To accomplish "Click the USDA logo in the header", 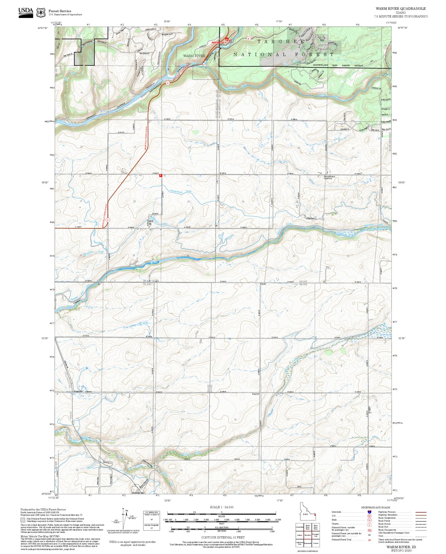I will coord(26,12).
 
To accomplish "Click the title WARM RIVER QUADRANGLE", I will coord(400,9).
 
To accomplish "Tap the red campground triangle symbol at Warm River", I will coord(227,40).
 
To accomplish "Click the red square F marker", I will coord(161,176).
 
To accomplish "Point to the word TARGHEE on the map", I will coord(281,41).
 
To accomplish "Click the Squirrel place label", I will coord(256,394).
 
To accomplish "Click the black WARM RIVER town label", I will coord(194,56).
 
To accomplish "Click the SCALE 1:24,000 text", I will coord(221,507).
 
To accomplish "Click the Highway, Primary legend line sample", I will coord(421,512).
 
